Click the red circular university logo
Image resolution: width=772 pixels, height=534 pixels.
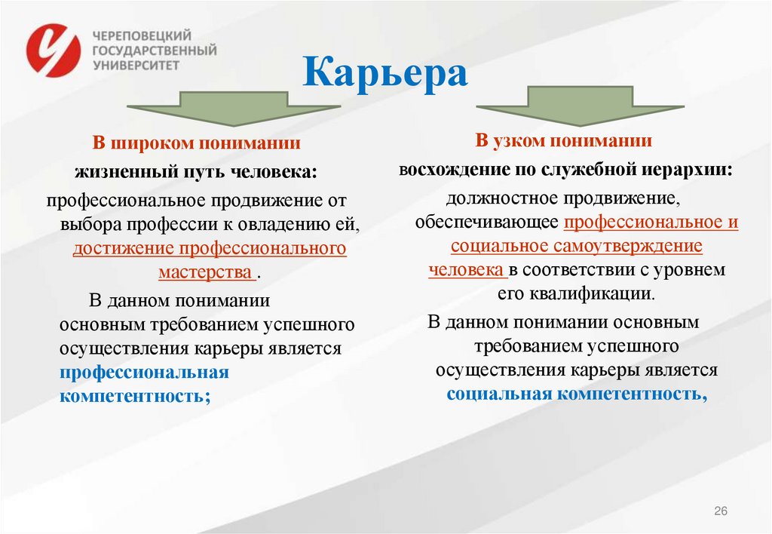pos(54,50)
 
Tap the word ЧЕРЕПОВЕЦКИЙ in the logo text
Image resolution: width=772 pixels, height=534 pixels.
pos(142,35)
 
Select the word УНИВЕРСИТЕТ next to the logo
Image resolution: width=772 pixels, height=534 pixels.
pos(136,65)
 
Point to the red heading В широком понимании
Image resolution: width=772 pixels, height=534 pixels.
pos(196,143)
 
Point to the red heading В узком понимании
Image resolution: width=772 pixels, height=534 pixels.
pos(563,140)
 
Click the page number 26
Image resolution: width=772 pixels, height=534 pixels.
pos(720,512)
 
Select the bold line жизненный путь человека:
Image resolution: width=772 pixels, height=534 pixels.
pos(196,172)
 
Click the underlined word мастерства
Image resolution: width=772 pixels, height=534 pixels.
pos(206,272)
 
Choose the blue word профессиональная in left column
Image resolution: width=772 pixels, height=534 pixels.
pos(145,373)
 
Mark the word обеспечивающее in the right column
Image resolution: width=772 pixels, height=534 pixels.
pos(487,222)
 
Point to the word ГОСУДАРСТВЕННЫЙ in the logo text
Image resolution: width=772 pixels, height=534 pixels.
pos(154,50)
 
